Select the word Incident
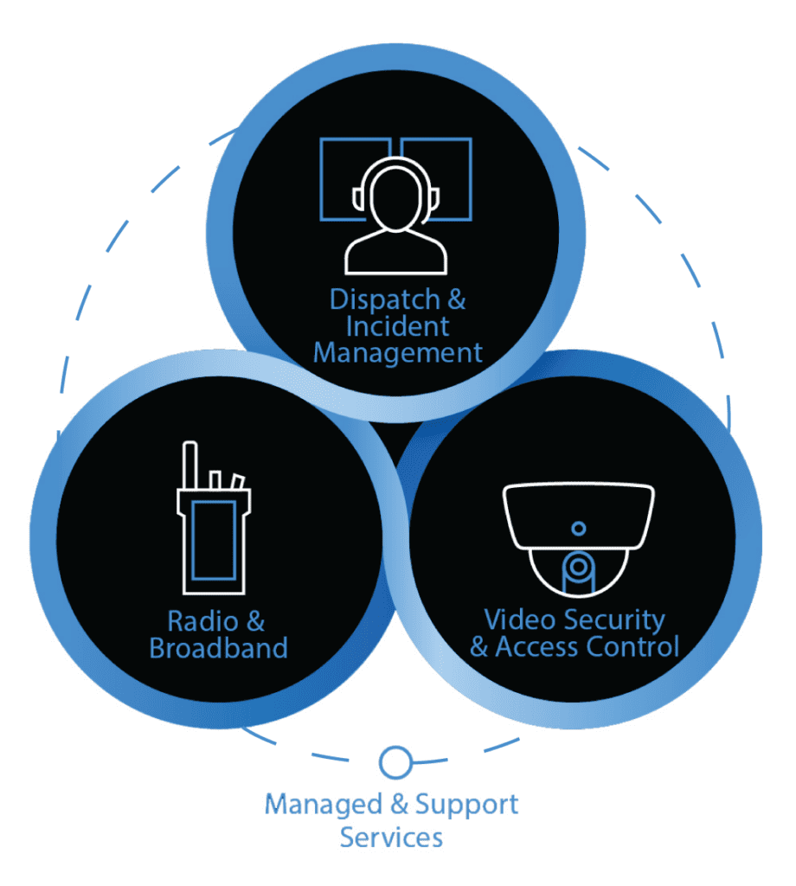[x=398, y=327]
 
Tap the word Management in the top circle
[x=398, y=353]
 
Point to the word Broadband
[x=218, y=648]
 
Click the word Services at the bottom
[x=391, y=838]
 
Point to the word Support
[x=467, y=806]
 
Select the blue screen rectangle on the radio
[x=213, y=538]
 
